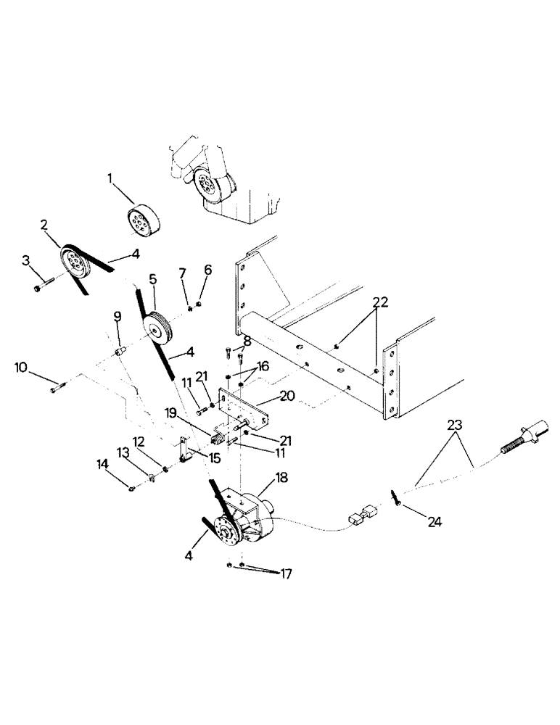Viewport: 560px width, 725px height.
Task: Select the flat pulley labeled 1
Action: point(143,219)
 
